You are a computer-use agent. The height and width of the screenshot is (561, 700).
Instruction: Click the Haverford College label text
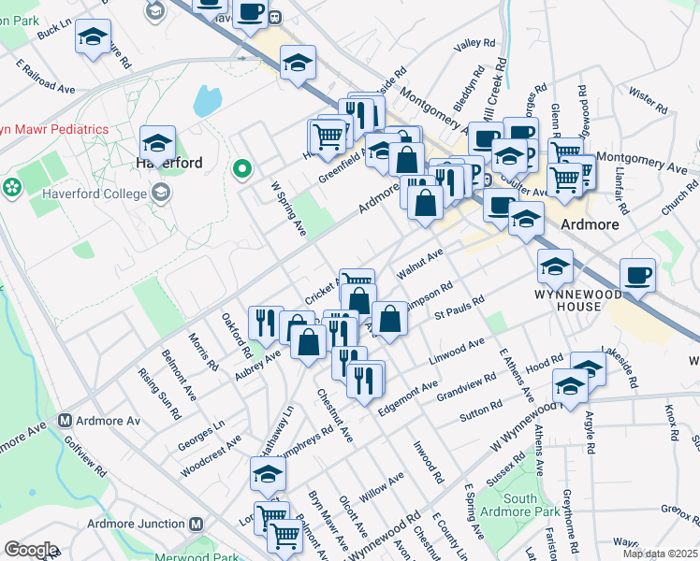pyautogui.click(x=95, y=194)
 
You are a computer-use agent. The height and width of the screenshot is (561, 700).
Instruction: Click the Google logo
pyautogui.click(x=31, y=550)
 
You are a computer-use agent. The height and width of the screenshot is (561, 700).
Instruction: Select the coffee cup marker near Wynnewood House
pyautogui.click(x=638, y=274)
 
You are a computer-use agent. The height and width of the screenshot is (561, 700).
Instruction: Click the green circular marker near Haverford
pyautogui.click(x=241, y=169)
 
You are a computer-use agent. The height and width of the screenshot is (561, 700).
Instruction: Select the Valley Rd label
pyautogui.click(x=474, y=44)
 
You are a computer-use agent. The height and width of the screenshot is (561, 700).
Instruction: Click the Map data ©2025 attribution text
pyautogui.click(x=662, y=554)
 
